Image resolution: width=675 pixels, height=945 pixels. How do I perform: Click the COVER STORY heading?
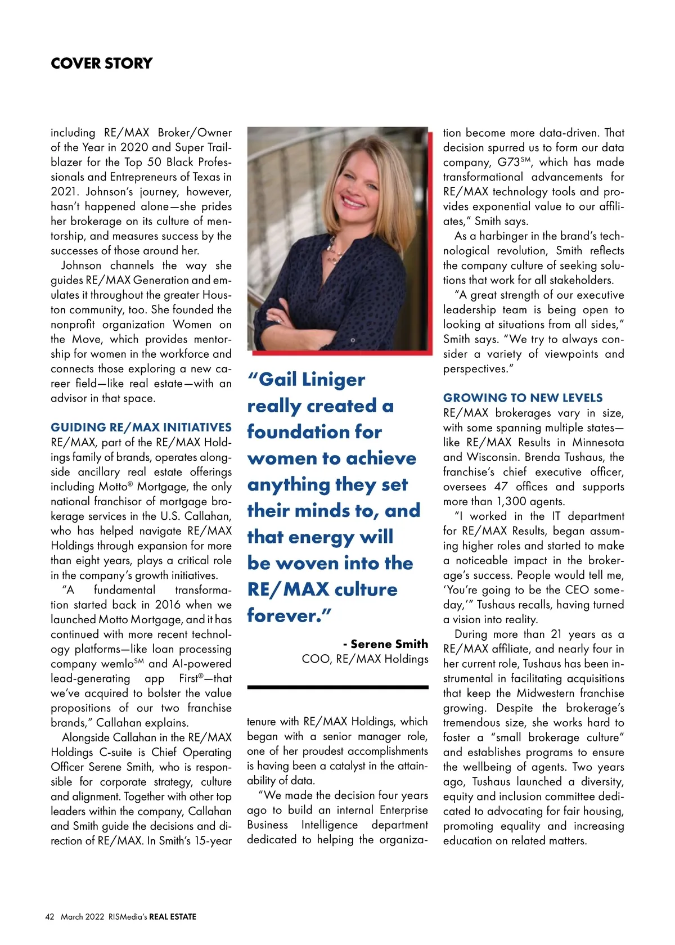[101, 63]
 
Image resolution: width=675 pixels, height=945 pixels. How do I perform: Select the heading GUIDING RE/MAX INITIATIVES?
[141, 427]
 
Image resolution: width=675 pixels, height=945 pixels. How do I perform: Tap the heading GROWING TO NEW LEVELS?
[523, 398]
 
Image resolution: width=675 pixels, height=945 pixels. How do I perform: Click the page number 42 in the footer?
[49, 917]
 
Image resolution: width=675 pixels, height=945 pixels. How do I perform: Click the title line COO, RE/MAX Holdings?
[365, 659]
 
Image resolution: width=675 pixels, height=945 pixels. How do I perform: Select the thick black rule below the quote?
[337, 687]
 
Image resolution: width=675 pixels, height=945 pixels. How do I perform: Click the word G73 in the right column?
[508, 163]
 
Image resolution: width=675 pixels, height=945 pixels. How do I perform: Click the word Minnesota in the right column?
[598, 442]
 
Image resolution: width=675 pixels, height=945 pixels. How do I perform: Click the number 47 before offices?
[501, 487]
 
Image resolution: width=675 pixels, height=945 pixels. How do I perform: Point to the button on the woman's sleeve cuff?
[353, 340]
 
